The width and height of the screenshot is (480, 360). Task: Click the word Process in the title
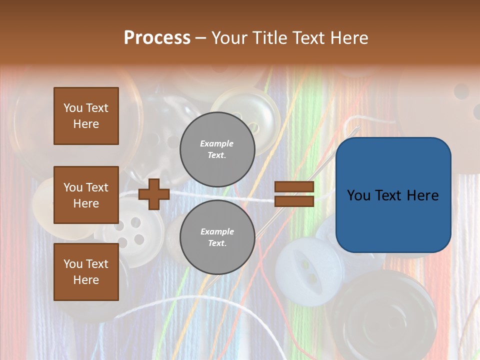click(157, 37)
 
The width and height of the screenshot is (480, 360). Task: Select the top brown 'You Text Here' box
click(86, 116)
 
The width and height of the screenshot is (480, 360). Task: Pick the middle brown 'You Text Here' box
click(86, 195)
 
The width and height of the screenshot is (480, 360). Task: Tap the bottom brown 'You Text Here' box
click(86, 271)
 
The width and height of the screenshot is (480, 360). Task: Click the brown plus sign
click(154, 194)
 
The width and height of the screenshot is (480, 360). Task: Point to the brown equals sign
click(294, 194)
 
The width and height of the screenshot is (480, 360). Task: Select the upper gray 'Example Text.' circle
click(217, 149)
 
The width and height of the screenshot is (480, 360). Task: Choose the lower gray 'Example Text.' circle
click(217, 237)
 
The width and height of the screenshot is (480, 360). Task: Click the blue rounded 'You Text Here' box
click(393, 195)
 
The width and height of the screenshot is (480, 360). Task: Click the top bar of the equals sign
click(294, 187)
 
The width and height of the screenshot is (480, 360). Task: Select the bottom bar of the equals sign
click(294, 201)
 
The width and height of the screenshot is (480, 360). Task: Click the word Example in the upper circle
click(216, 143)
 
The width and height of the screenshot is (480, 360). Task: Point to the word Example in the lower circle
click(217, 231)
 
